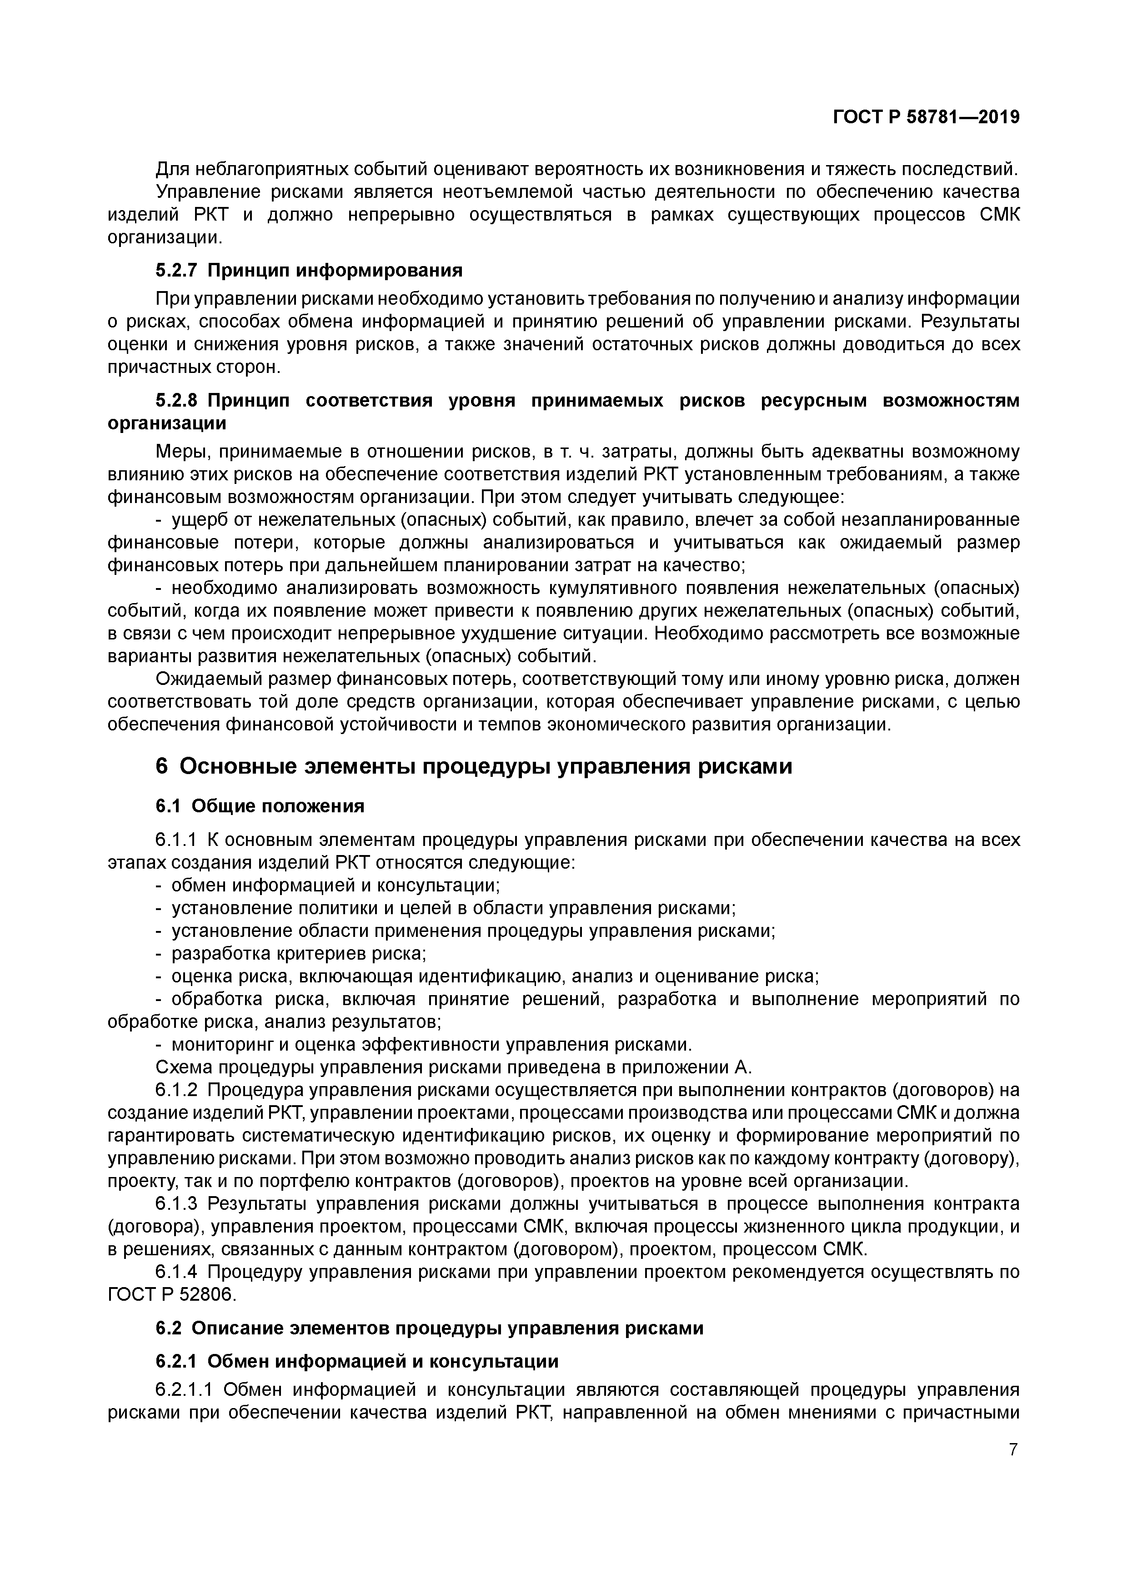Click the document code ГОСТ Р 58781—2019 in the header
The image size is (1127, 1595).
(926, 117)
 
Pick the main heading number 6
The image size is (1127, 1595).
(162, 766)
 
